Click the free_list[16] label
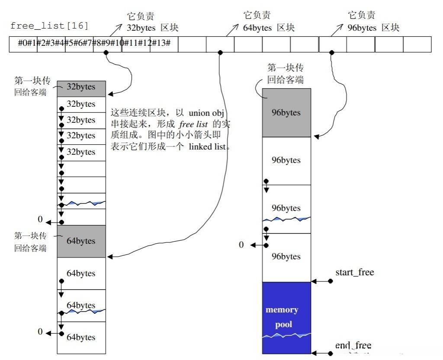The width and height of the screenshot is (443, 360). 49,26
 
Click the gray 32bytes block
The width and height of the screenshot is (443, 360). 81,87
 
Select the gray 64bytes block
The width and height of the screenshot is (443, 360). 81,241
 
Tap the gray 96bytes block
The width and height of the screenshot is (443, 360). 286,113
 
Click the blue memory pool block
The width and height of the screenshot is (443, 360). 286,318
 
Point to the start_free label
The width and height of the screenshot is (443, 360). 354,272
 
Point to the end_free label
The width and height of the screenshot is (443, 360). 353,345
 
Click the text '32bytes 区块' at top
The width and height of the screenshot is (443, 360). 152,28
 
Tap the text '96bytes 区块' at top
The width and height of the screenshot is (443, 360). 373,28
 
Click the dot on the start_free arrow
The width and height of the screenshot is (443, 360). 330,281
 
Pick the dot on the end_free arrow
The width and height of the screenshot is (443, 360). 330,353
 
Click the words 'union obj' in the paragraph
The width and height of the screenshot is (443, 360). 205,113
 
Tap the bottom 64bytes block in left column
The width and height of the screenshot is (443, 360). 81,338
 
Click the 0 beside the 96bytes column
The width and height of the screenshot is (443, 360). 241,245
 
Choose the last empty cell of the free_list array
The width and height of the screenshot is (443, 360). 417,45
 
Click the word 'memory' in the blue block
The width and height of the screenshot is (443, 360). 282,310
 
